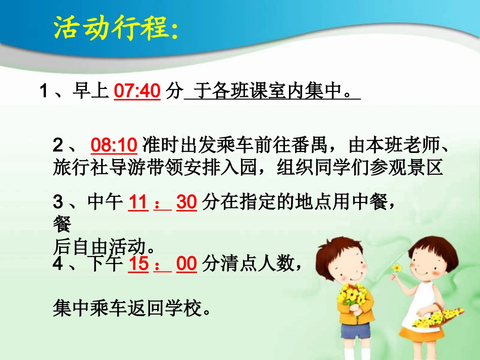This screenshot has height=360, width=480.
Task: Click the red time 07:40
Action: pos(137,91)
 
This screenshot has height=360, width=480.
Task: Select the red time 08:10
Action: pos(114,145)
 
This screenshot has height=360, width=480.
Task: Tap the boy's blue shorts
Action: pos(355,331)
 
